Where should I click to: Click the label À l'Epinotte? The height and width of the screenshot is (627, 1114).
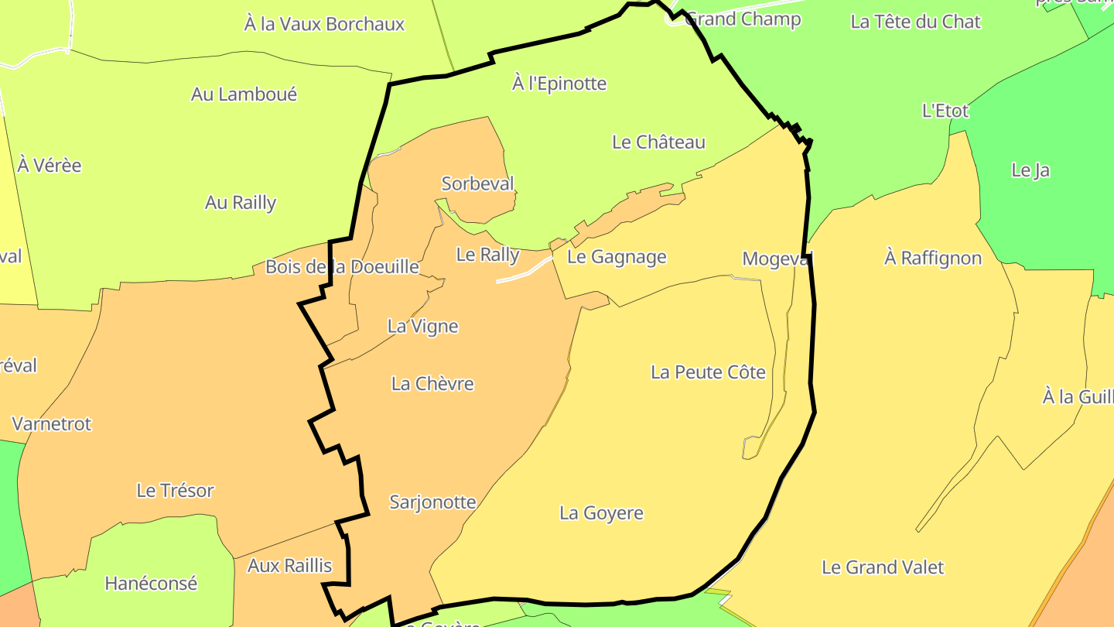559,84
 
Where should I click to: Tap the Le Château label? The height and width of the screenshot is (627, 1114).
658,142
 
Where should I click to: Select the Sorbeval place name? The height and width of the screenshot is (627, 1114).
477,184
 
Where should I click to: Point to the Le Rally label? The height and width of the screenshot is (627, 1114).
487,255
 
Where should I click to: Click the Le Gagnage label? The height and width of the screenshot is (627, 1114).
617,257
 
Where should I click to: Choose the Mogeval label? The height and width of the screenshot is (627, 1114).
777,259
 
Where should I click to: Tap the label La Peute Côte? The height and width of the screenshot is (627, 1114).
708,372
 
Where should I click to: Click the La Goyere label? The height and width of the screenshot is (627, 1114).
601,513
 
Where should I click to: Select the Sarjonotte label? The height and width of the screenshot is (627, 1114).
432,502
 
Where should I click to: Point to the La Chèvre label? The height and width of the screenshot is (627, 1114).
432,384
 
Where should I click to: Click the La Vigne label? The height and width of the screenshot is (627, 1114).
422,327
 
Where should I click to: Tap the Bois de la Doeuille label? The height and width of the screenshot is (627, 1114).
342,267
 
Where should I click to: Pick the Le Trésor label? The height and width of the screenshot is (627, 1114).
175,491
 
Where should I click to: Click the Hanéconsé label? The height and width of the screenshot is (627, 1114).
151,584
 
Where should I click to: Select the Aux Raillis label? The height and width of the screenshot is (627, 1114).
289,566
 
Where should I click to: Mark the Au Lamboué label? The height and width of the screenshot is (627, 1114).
244,94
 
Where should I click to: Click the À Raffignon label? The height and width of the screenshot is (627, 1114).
932,259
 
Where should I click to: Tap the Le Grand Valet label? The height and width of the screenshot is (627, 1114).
882,567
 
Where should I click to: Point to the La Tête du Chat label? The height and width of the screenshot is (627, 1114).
915,22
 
